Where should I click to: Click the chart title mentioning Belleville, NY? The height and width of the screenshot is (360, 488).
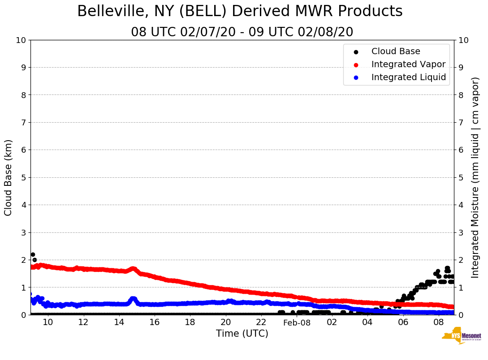pos(240,12)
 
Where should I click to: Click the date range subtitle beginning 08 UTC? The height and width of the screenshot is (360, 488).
pos(242,32)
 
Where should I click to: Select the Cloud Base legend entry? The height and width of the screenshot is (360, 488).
pos(396,51)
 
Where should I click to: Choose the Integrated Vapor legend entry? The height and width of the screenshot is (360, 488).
pos(408,64)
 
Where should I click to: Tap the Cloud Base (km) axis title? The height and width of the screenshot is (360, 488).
pos(9,177)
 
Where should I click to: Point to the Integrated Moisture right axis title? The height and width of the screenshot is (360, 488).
pos(475,177)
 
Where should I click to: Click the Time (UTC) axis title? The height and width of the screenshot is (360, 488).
pos(242,334)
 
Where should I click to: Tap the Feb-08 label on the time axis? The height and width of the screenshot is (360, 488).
pos(297,322)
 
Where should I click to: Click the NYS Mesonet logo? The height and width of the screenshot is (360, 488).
pos(461,336)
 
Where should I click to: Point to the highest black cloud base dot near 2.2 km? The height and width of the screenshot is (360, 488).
pos(33,254)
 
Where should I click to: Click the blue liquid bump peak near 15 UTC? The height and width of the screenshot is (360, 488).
pos(133,299)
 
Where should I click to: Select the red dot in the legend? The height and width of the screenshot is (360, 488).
pos(356,64)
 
